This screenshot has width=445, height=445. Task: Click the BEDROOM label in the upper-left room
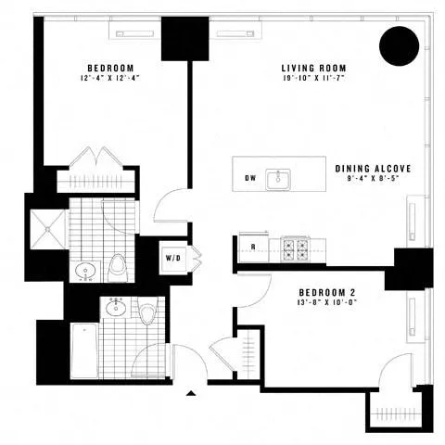click(x=111, y=68)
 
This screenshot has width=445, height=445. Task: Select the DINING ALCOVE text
click(x=373, y=169)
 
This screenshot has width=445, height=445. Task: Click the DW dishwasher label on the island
click(x=250, y=178)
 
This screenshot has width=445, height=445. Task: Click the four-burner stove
click(x=295, y=248)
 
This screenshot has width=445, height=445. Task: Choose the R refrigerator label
click(x=252, y=247)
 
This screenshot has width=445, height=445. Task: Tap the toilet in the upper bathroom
click(x=118, y=268)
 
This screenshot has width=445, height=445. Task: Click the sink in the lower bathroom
click(x=118, y=309)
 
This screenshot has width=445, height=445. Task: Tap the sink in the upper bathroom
click(x=86, y=272)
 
